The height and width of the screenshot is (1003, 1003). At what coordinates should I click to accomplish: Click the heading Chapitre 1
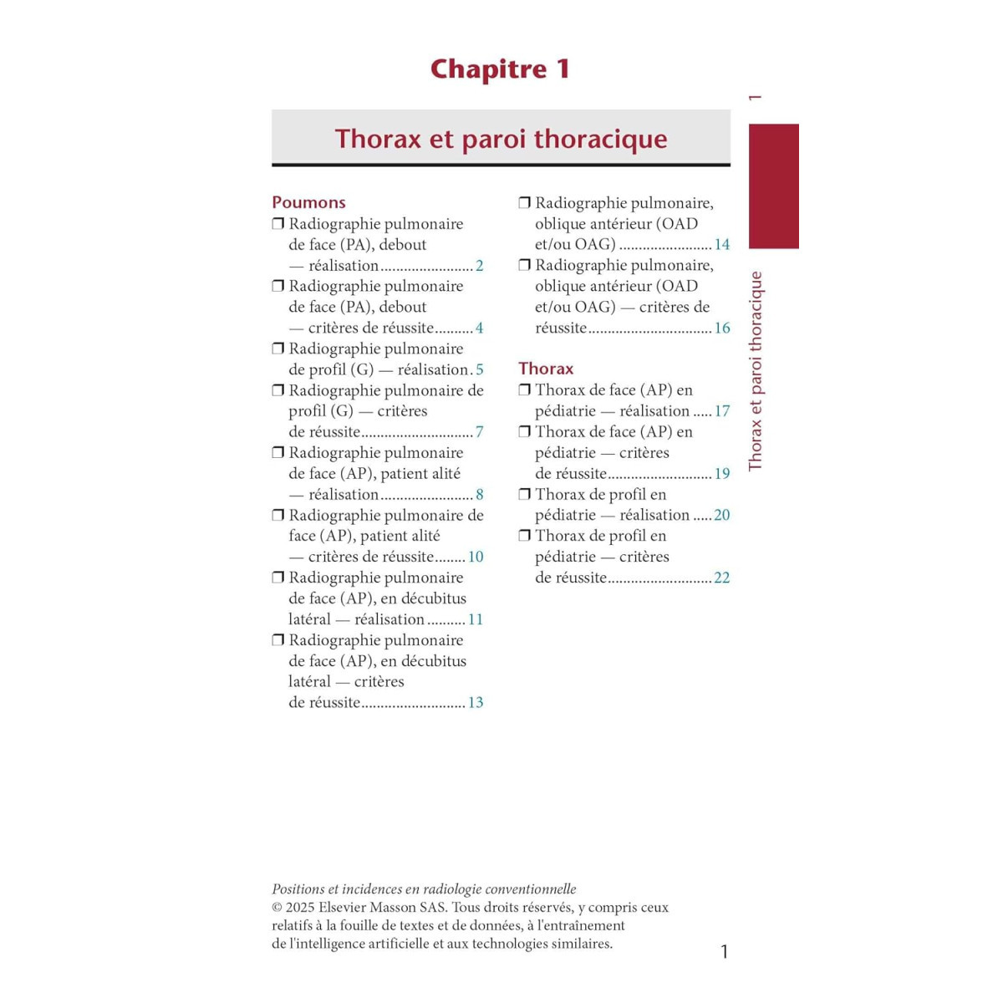(500, 69)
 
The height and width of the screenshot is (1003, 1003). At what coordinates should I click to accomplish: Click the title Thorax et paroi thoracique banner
(501, 138)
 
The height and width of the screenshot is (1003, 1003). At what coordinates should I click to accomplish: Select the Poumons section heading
(308, 202)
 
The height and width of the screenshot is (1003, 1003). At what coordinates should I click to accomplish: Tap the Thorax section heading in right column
(546, 369)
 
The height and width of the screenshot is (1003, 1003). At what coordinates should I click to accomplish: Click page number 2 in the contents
(480, 266)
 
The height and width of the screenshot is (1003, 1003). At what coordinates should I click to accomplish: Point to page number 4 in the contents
(480, 328)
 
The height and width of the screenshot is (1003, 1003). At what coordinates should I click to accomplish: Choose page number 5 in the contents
(480, 369)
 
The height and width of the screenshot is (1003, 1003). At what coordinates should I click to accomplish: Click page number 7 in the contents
(480, 432)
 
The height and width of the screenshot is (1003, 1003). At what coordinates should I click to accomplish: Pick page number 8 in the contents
(480, 495)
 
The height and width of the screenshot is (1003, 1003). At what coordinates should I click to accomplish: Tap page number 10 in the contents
(476, 557)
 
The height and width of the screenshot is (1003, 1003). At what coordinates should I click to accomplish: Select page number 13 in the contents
(476, 703)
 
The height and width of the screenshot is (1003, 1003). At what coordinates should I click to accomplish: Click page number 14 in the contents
(722, 245)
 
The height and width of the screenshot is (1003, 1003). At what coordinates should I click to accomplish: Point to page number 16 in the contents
(722, 328)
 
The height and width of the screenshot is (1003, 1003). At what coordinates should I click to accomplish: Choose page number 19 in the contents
(722, 474)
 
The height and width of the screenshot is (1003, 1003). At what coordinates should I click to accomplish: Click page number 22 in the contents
(722, 578)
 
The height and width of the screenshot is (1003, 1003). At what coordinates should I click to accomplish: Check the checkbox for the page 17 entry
(525, 389)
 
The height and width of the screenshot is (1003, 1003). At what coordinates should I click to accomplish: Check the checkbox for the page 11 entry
(278, 578)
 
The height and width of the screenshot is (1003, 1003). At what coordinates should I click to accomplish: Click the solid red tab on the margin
(773, 186)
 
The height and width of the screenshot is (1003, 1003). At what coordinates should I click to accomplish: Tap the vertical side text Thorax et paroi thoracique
(756, 371)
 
